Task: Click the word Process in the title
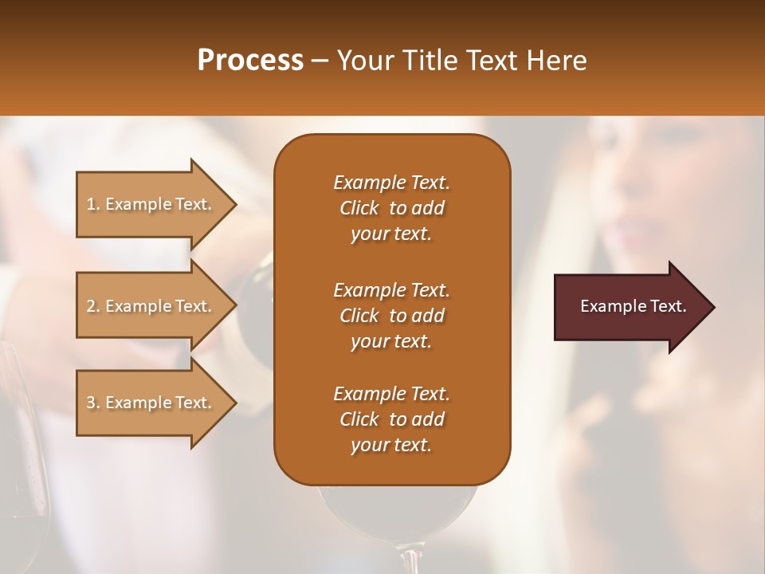click(x=250, y=60)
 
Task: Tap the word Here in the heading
click(x=556, y=60)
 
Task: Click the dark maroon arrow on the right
click(x=630, y=307)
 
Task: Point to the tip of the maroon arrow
click(x=712, y=307)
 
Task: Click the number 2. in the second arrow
click(x=93, y=306)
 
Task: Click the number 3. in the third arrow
click(x=93, y=403)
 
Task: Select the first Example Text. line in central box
click(x=391, y=183)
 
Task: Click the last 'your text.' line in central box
click(x=391, y=445)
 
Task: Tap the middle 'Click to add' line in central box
click(x=391, y=315)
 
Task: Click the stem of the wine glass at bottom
click(x=411, y=558)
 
